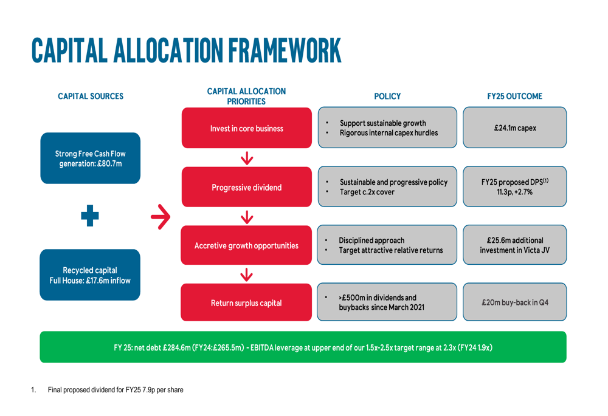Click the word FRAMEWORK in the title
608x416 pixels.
click(285, 50)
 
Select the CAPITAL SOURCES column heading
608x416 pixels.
click(91, 97)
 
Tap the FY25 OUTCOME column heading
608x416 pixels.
click(514, 97)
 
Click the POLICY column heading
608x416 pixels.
click(387, 97)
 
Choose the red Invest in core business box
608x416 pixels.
click(247, 128)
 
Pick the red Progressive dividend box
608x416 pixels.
click(247, 187)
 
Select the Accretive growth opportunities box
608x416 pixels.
click(246, 245)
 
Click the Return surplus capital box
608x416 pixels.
click(246, 302)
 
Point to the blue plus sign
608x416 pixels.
click(89, 216)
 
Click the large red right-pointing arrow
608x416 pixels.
click(161, 217)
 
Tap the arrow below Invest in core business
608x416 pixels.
click(247, 158)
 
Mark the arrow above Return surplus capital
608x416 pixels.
click(246, 274)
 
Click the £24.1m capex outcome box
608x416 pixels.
click(514, 128)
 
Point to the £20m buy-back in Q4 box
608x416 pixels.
click(514, 302)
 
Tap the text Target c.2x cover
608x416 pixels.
click(367, 192)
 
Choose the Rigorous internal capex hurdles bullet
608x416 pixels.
click(389, 133)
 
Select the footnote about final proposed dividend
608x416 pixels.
click(116, 390)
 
